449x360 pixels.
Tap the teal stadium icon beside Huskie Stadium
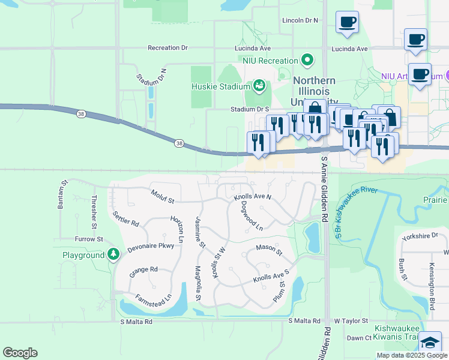coord(259,86)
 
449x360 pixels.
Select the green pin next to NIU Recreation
coord(308,61)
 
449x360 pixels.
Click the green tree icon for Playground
coord(113,255)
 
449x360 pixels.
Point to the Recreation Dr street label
coord(167,47)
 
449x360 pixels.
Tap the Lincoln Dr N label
coord(300,20)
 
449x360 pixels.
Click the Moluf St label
coord(162,196)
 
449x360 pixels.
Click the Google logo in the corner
coord(20,353)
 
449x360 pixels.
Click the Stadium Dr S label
coord(250,109)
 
